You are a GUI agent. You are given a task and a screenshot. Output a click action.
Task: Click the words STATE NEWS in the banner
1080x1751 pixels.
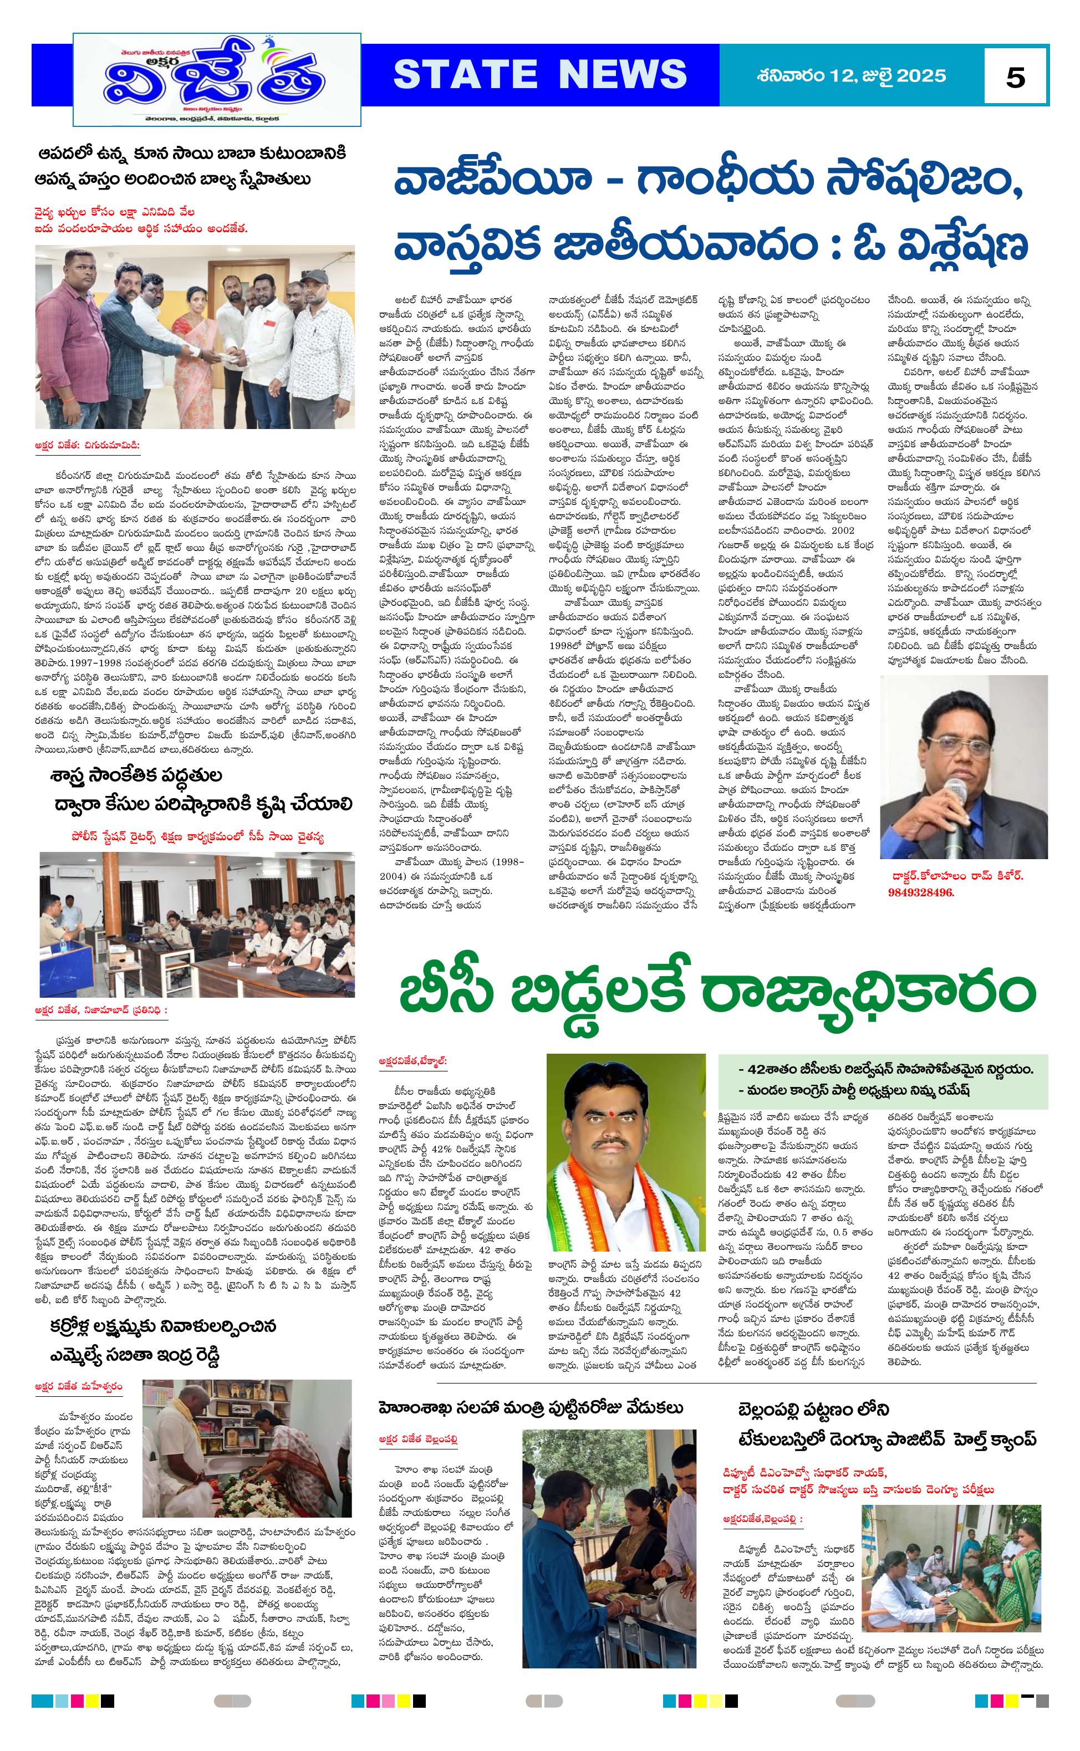pyautogui.click(x=540, y=74)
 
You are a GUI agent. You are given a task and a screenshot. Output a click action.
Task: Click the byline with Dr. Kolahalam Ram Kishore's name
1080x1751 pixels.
pyautogui.click(x=956, y=876)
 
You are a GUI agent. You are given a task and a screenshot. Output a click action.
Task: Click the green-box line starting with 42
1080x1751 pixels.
pyautogui.click(x=886, y=1070)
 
